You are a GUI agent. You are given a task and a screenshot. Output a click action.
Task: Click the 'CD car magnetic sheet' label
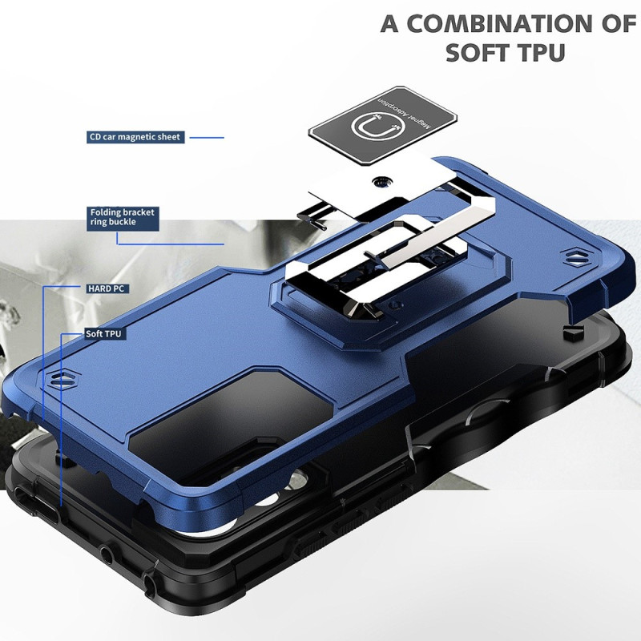click(x=135, y=137)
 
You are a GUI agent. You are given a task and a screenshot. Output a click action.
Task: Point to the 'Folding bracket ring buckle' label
click(x=123, y=218)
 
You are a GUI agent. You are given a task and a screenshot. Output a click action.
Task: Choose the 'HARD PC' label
click(x=107, y=288)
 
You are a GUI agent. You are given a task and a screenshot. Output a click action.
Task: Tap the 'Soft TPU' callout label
click(x=103, y=334)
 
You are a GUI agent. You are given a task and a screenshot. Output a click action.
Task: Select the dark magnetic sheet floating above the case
click(x=382, y=125)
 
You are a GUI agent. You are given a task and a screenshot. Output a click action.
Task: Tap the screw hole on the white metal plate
click(x=382, y=181)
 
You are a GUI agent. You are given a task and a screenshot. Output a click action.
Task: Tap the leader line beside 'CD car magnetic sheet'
click(x=207, y=137)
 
